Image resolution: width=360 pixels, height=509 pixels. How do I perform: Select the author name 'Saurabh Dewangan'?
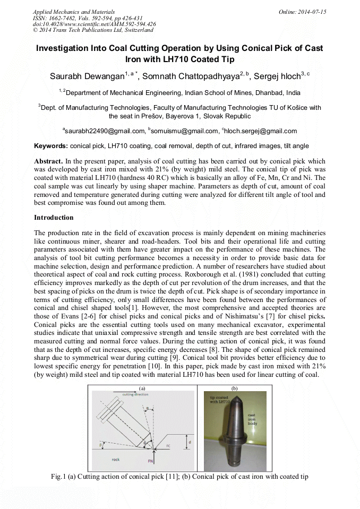[87, 76]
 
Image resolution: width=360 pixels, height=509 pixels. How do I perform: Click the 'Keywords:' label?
[51, 146]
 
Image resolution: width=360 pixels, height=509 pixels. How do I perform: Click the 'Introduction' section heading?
[54, 218]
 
